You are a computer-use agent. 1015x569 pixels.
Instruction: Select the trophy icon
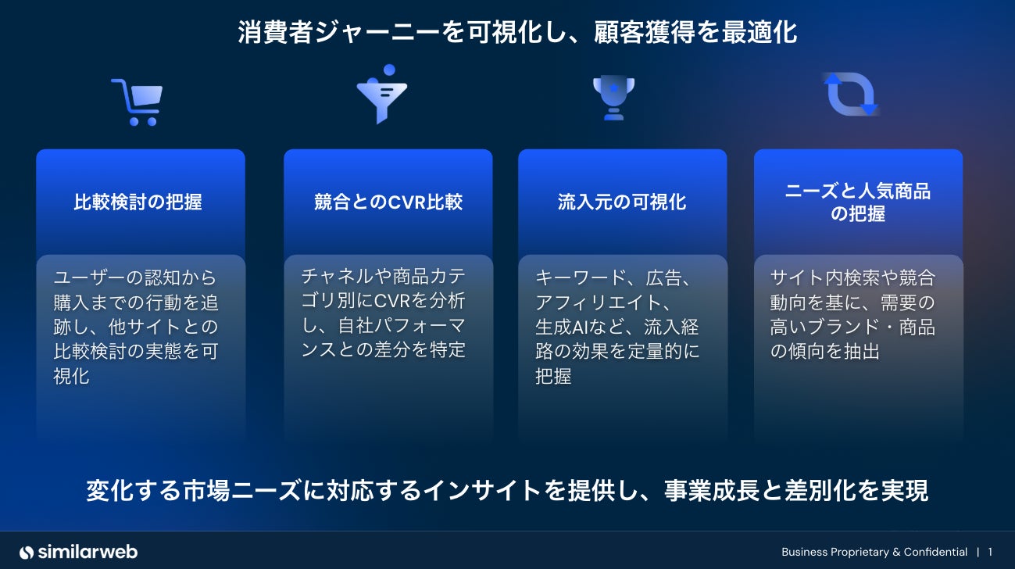(x=613, y=97)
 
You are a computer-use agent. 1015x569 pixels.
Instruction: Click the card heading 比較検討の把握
(x=138, y=202)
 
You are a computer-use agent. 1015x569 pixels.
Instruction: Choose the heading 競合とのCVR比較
(x=388, y=202)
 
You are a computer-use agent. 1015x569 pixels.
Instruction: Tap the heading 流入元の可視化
(x=622, y=202)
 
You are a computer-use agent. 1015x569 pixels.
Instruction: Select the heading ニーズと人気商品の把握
(x=858, y=202)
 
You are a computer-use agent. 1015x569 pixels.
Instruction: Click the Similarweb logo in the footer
(x=78, y=552)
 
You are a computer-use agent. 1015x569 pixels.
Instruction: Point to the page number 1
(x=990, y=552)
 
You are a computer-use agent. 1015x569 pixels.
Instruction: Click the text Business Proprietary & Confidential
(x=874, y=552)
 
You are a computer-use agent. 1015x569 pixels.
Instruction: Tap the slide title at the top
(x=517, y=33)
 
